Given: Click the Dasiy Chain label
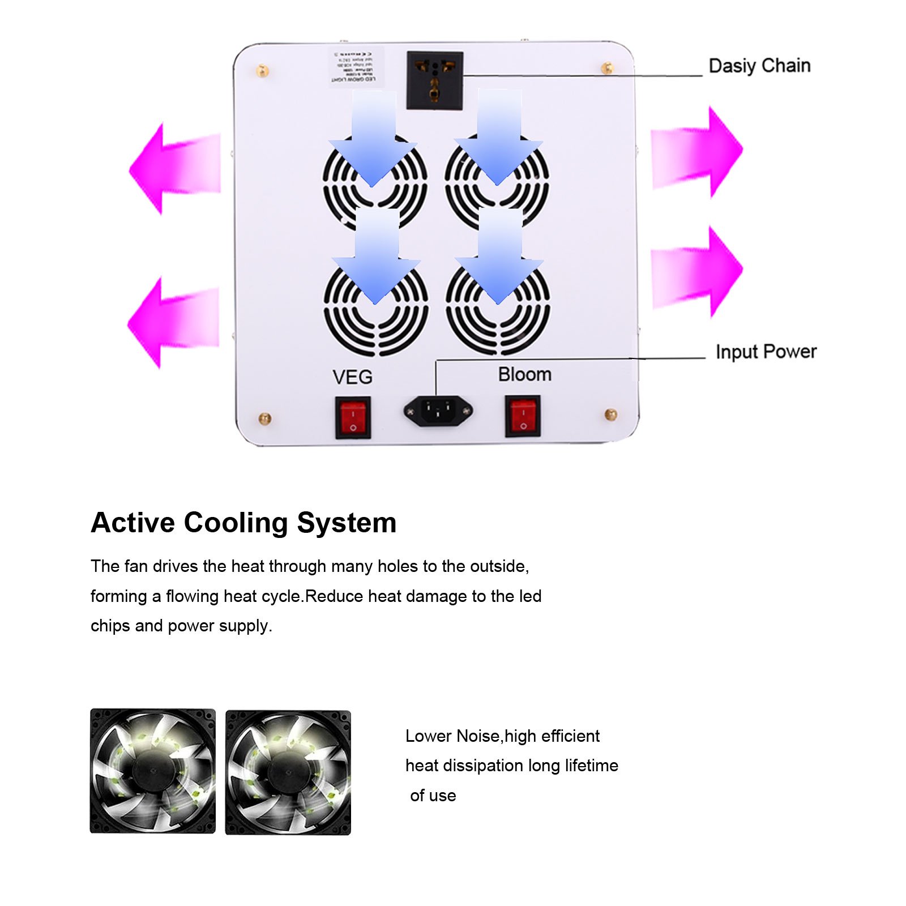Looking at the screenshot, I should tap(759, 66).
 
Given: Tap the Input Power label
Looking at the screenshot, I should tap(766, 352).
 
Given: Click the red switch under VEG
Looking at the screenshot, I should tap(353, 418).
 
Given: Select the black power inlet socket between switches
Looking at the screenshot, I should tap(438, 411).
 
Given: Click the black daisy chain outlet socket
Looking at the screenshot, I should tap(434, 80).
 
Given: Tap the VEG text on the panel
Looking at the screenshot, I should tap(352, 377).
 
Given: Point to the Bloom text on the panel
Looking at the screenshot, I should tap(524, 374).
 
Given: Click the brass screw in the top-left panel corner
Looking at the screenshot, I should tap(263, 71).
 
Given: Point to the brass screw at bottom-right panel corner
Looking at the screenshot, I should tap(610, 414).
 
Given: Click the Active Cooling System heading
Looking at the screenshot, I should tap(243, 522).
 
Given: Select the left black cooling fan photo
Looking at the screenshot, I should tap(153, 771).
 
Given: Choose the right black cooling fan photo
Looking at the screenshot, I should tap(288, 772).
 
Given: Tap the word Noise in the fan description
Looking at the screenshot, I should tap(477, 736).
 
